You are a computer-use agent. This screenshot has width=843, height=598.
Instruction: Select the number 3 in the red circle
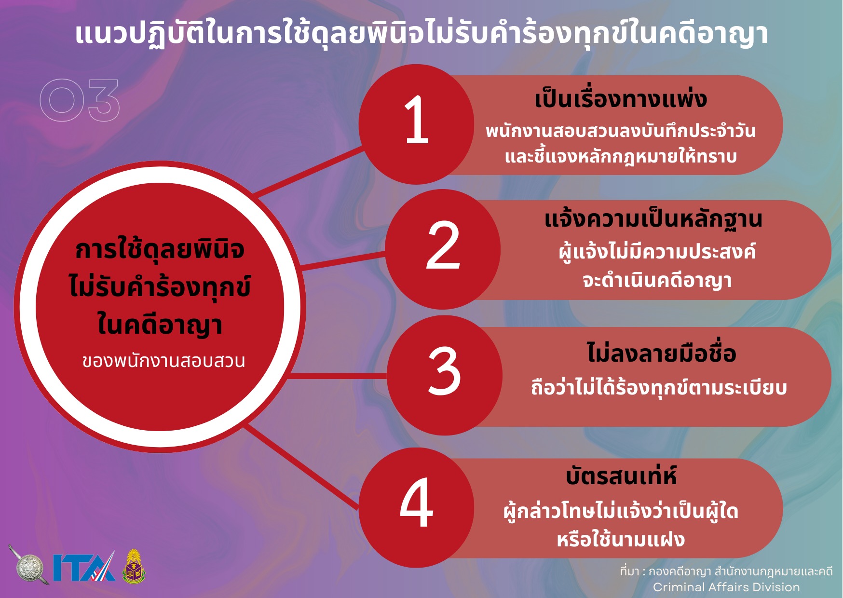pyautogui.click(x=444, y=371)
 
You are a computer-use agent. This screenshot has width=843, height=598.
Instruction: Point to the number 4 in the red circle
pyautogui.click(x=417, y=502)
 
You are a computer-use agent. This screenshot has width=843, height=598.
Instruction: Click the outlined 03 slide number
pyautogui.click(x=80, y=100)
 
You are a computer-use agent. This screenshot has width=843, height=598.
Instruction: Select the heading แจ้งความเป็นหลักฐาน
pyautogui.click(x=653, y=219)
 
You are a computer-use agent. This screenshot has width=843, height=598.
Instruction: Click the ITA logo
pyautogui.click(x=84, y=567)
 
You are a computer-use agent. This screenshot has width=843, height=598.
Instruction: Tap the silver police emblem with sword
pyautogui.click(x=29, y=565)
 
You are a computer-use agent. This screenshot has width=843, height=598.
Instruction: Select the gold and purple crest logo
pyautogui.click(x=134, y=566)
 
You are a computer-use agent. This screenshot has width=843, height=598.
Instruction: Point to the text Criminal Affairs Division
pyautogui.click(x=726, y=587)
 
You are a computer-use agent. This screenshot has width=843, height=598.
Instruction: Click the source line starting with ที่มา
pyautogui.click(x=726, y=571)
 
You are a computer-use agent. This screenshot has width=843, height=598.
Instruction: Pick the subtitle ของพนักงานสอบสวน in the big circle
pyautogui.click(x=163, y=361)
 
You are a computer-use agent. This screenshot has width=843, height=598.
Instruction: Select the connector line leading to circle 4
pyautogui.click(x=302, y=466)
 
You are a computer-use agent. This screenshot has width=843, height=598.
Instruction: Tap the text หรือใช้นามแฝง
pyautogui.click(x=621, y=539)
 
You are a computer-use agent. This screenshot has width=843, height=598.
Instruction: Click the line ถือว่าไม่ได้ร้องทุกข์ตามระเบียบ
pyautogui.click(x=659, y=387)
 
